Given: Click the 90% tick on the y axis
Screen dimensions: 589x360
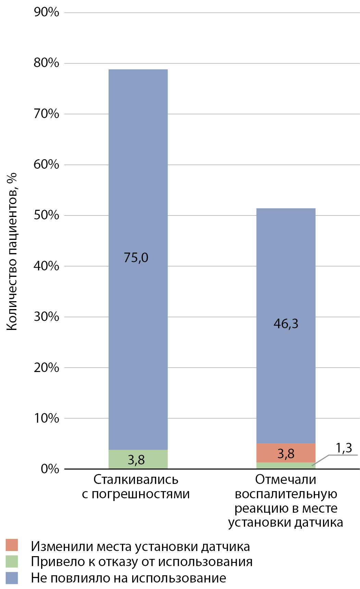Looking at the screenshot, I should [x=46, y=12].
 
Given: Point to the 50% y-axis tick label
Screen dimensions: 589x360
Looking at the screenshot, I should [x=46, y=215].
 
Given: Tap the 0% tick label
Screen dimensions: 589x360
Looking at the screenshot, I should [x=50, y=469].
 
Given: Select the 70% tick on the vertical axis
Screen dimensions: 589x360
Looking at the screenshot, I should [x=46, y=114].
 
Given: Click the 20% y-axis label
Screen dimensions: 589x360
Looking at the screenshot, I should [x=46, y=368].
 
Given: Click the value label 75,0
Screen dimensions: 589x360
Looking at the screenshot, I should [x=136, y=258].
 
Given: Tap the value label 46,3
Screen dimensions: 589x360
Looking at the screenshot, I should [x=286, y=324].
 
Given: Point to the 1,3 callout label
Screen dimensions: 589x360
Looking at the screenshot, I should [x=344, y=448].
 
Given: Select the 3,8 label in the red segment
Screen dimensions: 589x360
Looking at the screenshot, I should [x=286, y=454].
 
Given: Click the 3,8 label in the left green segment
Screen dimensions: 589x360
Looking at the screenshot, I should [x=136, y=460].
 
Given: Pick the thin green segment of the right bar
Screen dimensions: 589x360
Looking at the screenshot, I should [x=274, y=465].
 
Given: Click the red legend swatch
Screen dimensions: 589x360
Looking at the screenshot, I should [x=12, y=545].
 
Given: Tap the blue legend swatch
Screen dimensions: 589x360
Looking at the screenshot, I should [x=12, y=578].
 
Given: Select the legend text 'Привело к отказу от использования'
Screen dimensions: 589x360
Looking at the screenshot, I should [x=141, y=562].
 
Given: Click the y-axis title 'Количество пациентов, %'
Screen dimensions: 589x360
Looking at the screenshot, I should [x=12, y=252].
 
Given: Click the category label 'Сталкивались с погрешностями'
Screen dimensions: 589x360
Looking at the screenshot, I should [x=136, y=487].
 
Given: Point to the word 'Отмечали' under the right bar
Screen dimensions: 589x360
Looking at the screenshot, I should [x=285, y=479].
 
